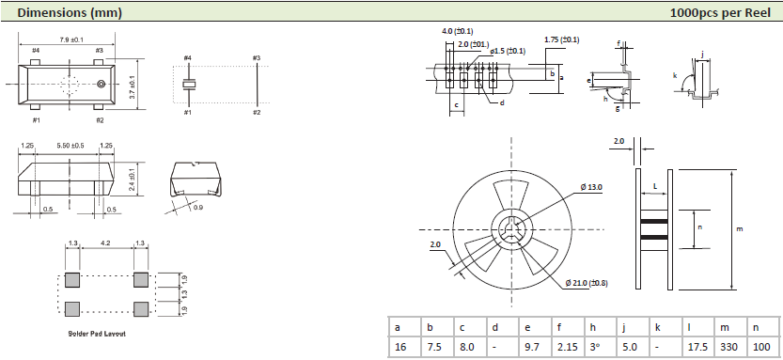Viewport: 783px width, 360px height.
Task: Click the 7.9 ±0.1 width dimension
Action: click(67, 39)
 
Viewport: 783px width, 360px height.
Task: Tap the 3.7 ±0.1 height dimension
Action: click(133, 86)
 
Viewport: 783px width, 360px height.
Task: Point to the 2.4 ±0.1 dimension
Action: click(133, 180)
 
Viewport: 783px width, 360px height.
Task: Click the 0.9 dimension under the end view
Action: click(197, 208)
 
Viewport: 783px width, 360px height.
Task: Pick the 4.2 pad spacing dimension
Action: click(105, 243)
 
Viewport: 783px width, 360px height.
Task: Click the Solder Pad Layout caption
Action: click(97, 333)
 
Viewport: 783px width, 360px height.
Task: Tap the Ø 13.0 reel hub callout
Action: click(592, 187)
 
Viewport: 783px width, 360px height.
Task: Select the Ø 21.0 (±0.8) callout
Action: click(587, 283)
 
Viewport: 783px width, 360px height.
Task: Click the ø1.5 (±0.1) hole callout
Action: click(508, 51)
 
